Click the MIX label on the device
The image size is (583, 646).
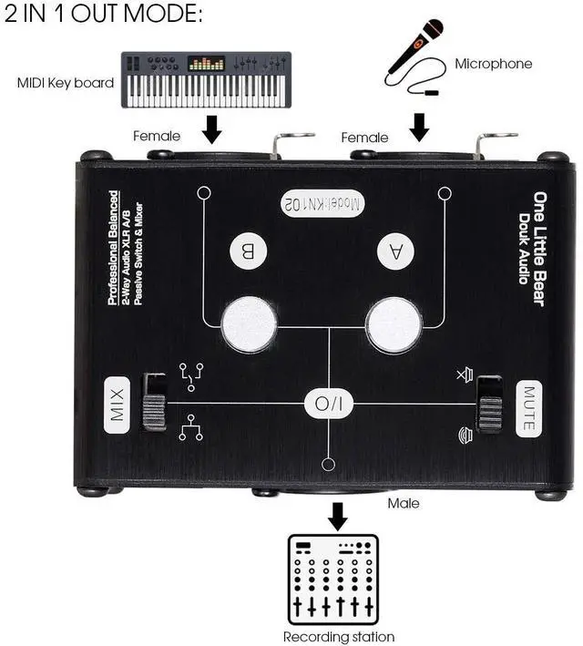pos(117,402)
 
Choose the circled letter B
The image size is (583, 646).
pos(248,251)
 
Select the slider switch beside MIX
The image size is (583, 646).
pos(155,402)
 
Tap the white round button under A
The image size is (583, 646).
pos(394,323)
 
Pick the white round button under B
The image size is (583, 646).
pos(250,323)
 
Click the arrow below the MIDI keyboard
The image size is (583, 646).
pos(212,130)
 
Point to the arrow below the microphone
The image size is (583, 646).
pos(419,128)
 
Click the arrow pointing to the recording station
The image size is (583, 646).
pos(338,516)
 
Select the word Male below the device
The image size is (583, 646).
pos(404,503)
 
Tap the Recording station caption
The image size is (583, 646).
pos(338,636)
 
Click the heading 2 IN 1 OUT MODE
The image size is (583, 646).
pos(104,15)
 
